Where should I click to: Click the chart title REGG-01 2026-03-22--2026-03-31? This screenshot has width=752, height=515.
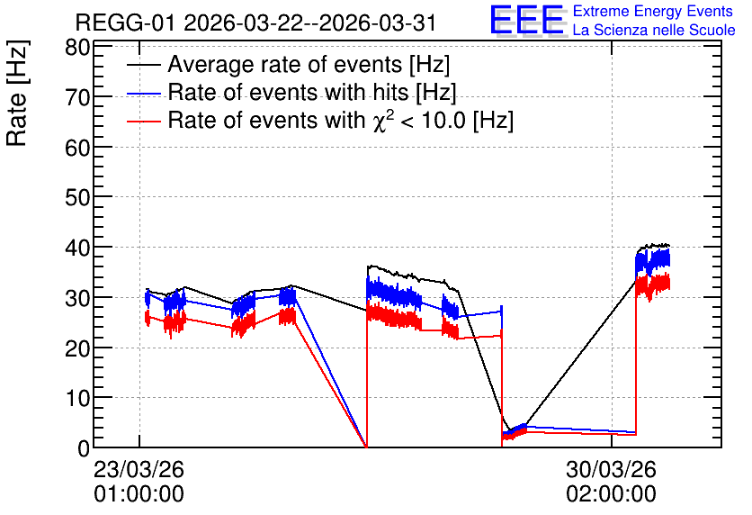tap(255, 23)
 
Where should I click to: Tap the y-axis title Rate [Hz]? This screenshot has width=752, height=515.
tap(17, 93)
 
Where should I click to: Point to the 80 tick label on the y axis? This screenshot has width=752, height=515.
tap(77, 48)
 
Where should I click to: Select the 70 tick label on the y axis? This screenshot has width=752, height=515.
tap(77, 97)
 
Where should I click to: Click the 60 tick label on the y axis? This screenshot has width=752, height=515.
tap(77, 148)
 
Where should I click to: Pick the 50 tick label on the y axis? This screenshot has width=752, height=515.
tap(77, 197)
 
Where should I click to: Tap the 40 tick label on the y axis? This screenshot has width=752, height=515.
tap(77, 248)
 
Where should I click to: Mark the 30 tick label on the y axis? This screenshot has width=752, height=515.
tap(77, 298)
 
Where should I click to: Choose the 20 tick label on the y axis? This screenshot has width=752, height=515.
tap(77, 348)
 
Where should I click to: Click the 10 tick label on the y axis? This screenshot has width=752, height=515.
tap(77, 398)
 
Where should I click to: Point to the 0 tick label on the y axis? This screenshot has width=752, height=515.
tap(84, 448)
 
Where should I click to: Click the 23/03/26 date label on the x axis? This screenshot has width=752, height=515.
tap(139, 469)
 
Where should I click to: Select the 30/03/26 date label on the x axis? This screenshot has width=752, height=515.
tap(611, 469)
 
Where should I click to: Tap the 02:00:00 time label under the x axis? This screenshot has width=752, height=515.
tap(611, 494)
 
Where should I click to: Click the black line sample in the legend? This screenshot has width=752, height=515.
tap(143, 65)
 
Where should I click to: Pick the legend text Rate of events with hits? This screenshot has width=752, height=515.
tap(288, 92)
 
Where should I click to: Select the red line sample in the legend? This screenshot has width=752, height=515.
tap(143, 122)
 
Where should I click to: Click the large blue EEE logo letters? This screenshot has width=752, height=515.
tap(526, 21)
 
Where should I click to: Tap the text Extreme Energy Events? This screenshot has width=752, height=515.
tap(653, 11)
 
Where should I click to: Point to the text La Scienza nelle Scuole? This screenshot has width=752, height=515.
tap(654, 31)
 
